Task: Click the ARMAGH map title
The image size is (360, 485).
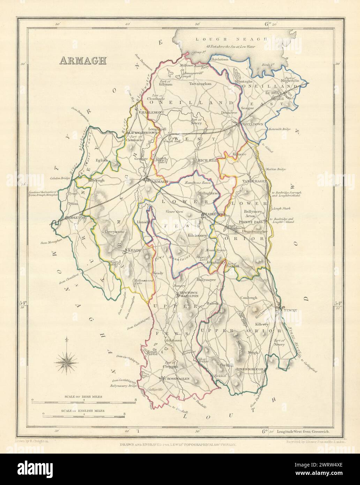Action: (83, 60)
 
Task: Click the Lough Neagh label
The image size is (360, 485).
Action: (231, 40)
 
